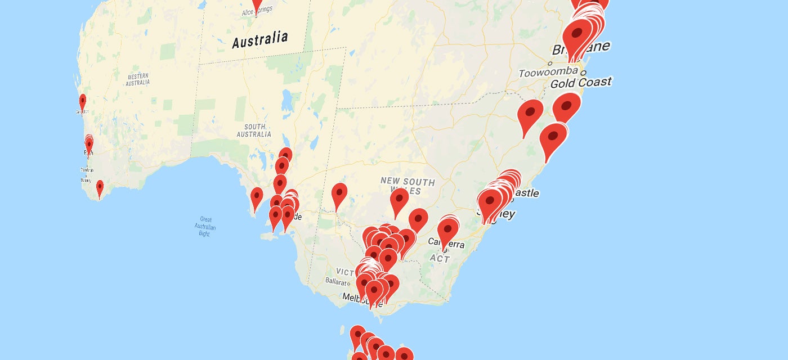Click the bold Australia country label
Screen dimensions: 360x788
[260, 39]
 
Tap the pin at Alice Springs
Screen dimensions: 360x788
[257, 4]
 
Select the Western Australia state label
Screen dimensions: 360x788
[138, 79]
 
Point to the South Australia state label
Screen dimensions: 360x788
[254, 131]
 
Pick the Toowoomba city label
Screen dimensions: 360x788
[548, 72]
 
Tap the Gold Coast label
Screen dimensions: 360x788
[580, 83]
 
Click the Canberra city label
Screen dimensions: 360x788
[447, 244]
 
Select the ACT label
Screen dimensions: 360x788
[440, 259]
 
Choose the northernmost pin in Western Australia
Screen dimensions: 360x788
[83, 102]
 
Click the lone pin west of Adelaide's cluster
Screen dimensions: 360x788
[257, 197]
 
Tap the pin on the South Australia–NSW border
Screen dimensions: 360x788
[339, 194]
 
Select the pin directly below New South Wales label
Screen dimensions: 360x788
[399, 199]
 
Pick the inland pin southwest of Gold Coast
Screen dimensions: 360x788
[530, 113]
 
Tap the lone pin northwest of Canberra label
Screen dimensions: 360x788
[418, 218]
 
